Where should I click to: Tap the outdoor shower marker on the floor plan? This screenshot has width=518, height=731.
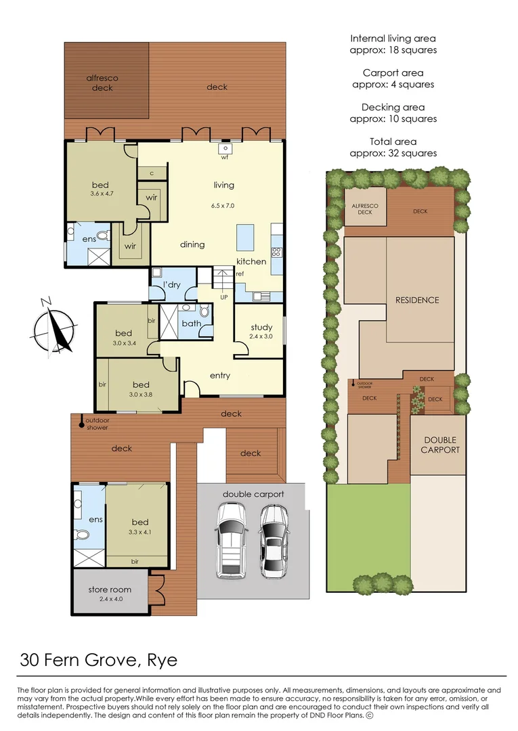[81, 424]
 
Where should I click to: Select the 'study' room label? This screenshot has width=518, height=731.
[261, 327]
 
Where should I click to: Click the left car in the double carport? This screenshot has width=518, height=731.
[230, 541]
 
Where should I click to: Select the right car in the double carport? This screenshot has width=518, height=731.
[275, 541]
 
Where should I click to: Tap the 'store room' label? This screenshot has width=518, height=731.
[110, 590]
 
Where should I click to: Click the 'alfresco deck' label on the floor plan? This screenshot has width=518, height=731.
[102, 83]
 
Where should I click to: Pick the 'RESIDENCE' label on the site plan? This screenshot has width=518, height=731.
[417, 300]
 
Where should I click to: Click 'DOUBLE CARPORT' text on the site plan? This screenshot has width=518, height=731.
[440, 445]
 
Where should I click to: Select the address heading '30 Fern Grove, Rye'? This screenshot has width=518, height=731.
[99, 659]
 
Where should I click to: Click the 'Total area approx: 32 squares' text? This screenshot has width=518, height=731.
[393, 147]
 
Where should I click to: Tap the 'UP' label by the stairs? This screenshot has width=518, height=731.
[223, 297]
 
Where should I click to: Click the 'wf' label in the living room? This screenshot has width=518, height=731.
[224, 158]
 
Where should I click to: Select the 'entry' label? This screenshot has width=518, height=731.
[220, 376]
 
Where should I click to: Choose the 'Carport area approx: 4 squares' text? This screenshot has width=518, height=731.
[393, 79]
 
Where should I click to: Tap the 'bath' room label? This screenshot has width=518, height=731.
[191, 324]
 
